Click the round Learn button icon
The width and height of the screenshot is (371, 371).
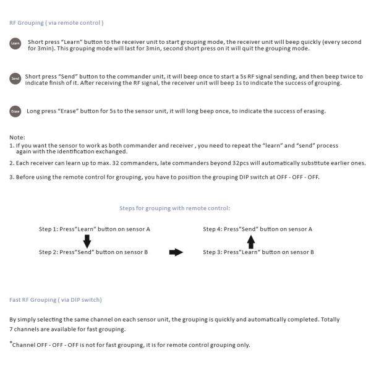15,45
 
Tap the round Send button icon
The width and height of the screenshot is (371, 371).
15,79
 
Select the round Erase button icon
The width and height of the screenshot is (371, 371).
15,111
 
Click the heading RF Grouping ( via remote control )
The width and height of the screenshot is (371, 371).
56,23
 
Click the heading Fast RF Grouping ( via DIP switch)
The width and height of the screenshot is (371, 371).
56,300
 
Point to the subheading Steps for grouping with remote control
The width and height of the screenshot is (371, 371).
174,208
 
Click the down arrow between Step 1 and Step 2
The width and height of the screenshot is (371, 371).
87,241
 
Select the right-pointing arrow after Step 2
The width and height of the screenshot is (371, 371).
176,252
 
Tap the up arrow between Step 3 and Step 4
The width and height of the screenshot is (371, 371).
252,241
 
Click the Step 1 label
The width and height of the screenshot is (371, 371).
48,229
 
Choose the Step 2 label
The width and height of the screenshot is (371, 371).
48,252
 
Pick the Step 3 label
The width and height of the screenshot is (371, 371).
213,252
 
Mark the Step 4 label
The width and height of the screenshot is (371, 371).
213,229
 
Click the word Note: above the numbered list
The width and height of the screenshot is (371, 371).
17,137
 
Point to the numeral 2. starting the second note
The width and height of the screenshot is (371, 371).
12,163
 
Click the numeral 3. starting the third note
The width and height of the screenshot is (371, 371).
12,177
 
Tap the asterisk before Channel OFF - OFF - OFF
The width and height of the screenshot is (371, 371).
11,343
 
